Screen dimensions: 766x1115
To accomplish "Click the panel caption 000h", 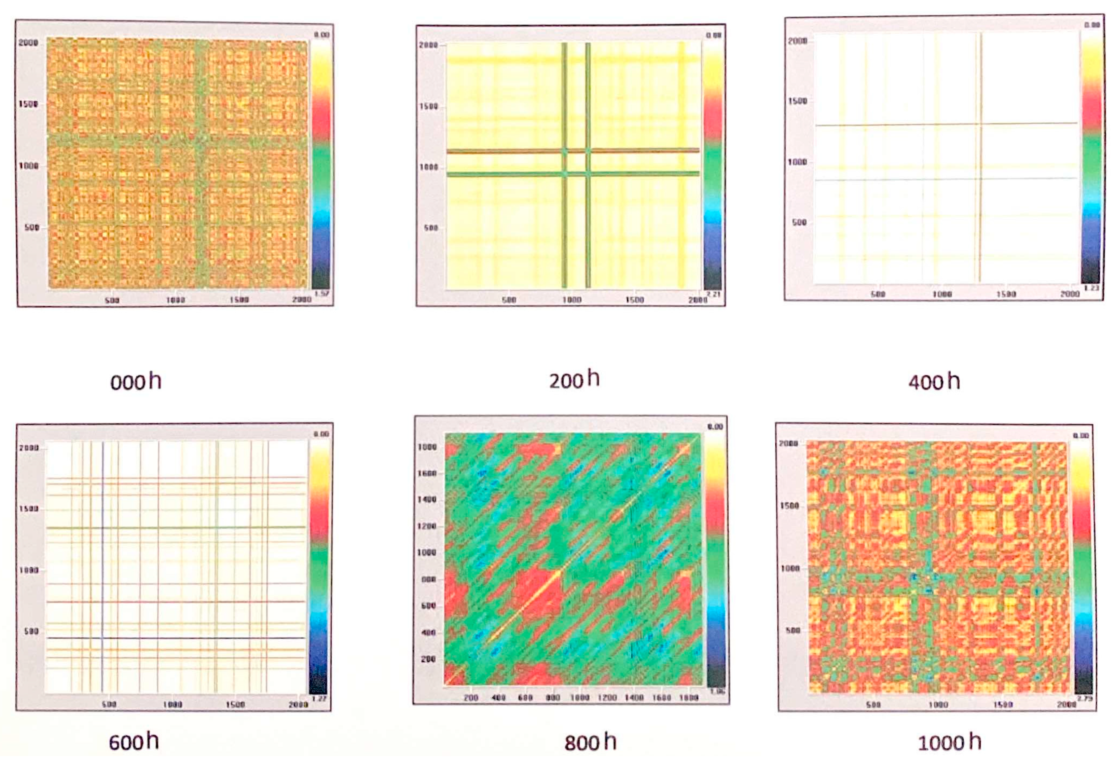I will point(136,382).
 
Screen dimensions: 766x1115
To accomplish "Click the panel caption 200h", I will point(574,380).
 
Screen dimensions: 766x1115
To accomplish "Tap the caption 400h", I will point(934,382).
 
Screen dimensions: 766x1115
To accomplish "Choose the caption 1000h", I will point(949,743).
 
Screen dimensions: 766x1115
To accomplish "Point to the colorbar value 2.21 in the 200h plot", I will point(713,294).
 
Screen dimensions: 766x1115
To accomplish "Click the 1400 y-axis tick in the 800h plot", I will point(427,500).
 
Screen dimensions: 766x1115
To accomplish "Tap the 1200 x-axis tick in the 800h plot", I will point(607,697).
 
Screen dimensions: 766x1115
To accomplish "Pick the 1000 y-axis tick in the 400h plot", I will point(797,162).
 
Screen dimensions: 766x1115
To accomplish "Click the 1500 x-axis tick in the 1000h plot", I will point(1003,704).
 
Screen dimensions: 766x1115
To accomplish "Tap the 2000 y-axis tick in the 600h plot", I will point(28,448).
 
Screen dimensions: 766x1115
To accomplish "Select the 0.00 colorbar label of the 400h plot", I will point(1092,24).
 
